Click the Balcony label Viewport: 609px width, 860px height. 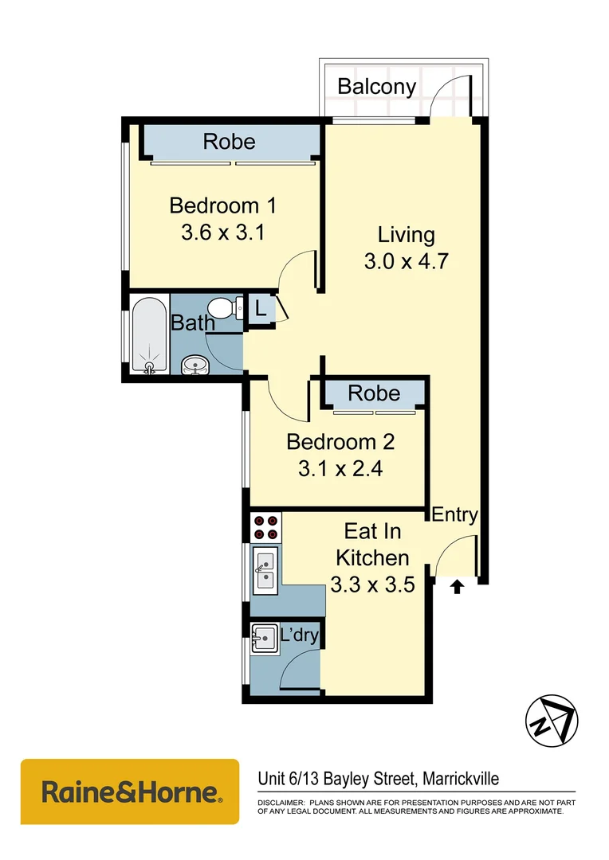(x=376, y=86)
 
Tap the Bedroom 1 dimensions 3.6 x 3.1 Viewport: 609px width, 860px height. (x=222, y=233)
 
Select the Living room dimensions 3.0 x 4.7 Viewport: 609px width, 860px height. (x=406, y=261)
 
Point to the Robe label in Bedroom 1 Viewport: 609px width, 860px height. (x=229, y=142)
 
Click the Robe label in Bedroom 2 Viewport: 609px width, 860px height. (x=374, y=393)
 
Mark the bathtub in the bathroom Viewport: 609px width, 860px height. (x=149, y=335)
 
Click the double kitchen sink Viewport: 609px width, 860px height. (x=265, y=570)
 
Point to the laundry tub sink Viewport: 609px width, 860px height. (x=263, y=638)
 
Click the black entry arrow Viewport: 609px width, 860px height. (x=457, y=588)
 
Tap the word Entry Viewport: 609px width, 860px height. (x=454, y=514)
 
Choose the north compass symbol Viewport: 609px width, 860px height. (x=551, y=721)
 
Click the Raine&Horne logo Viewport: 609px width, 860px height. (x=130, y=792)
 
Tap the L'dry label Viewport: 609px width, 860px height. (x=300, y=635)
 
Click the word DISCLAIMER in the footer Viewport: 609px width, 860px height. (x=280, y=802)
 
